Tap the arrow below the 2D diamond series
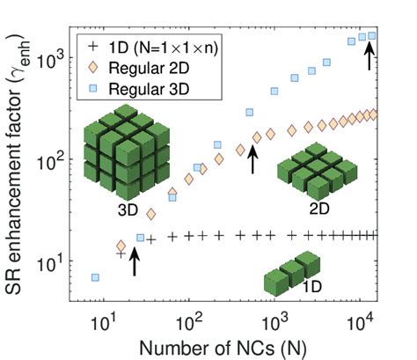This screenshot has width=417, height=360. tap(252, 159)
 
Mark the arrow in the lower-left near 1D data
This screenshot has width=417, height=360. tap(135, 261)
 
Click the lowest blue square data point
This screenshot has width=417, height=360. tap(94, 277)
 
